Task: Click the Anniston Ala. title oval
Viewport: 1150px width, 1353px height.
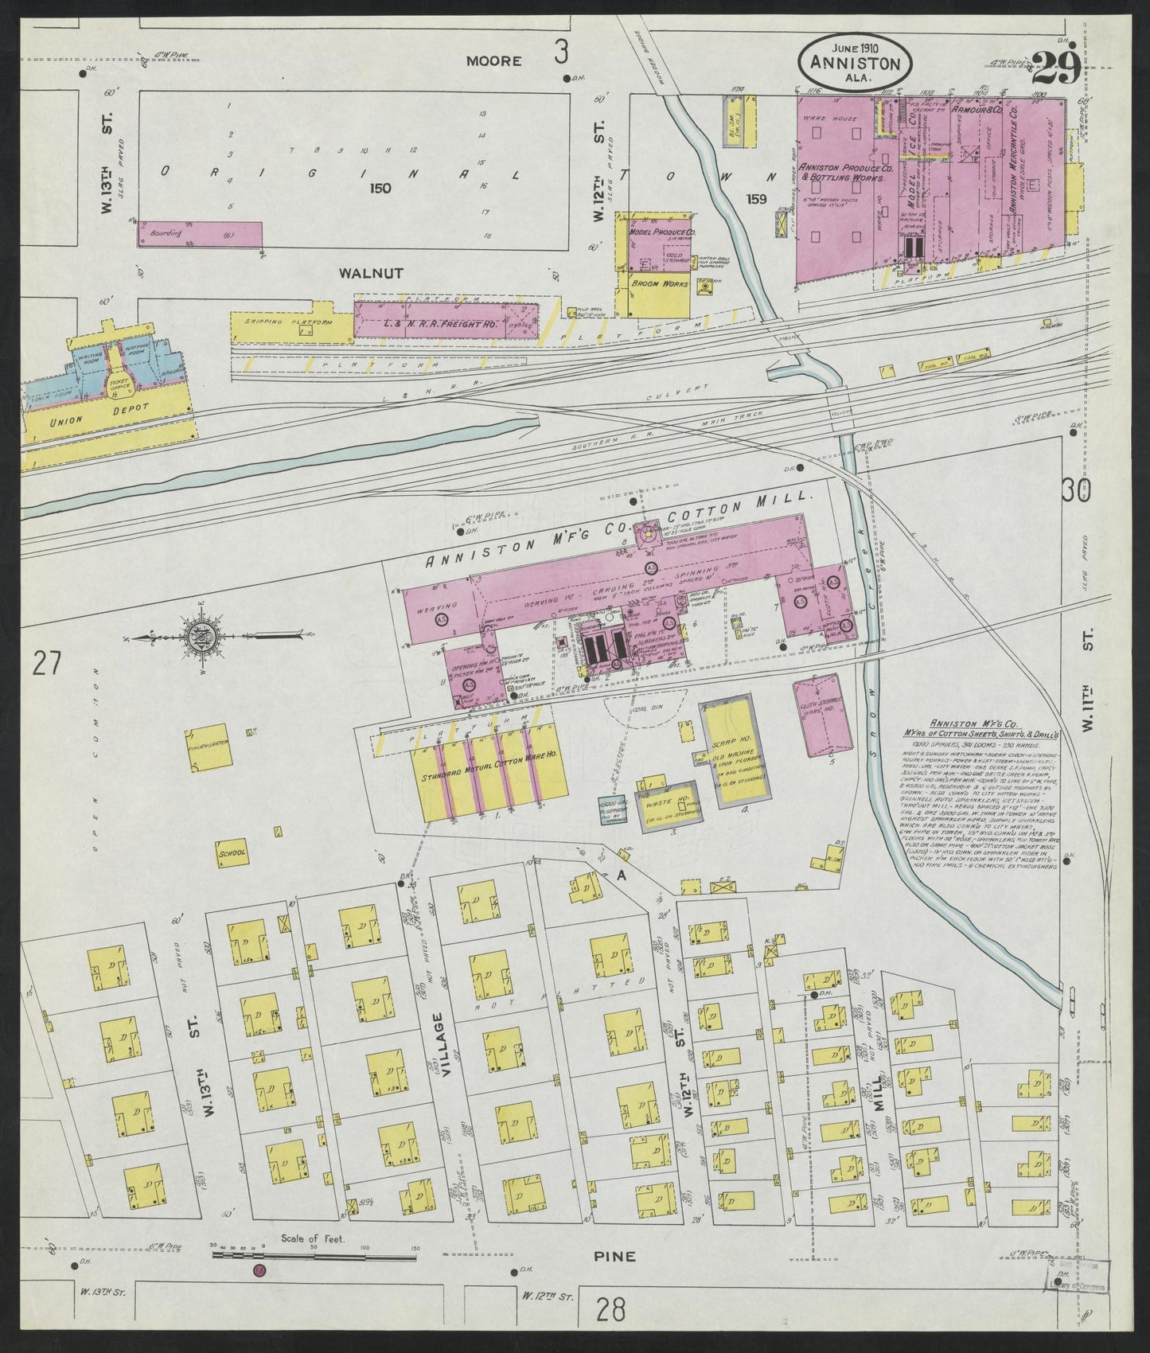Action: (x=855, y=62)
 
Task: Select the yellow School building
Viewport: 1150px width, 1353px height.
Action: (x=232, y=851)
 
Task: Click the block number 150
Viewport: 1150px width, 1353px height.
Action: (x=380, y=189)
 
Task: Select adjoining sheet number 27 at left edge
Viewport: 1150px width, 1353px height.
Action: (x=46, y=662)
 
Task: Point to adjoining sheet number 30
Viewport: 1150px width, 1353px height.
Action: (x=1074, y=491)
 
